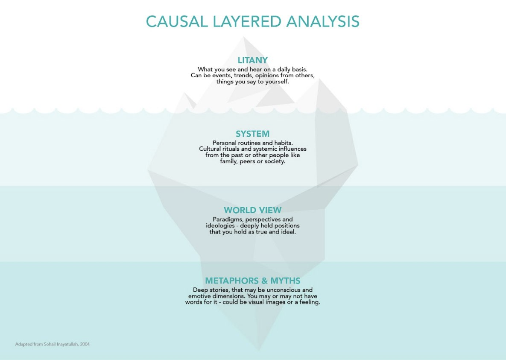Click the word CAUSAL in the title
[177, 22]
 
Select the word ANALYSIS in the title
[323, 22]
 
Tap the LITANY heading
[253, 60]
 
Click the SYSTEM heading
[253, 134]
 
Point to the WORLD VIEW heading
[253, 210]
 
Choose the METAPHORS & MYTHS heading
[253, 281]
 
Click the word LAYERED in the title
[247, 22]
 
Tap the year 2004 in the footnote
[85, 344]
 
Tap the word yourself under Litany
[277, 82]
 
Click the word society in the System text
[275, 161]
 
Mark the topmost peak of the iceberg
[243, 37]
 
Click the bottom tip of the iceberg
[258, 350]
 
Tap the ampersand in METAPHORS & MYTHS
[262, 281]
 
